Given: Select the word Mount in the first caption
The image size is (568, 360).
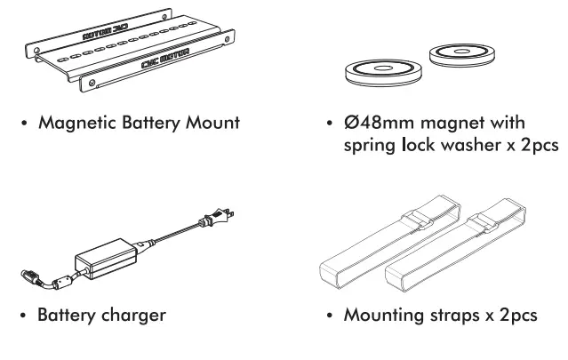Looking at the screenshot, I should [x=211, y=123].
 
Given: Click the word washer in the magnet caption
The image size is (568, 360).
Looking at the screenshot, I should [x=460, y=146].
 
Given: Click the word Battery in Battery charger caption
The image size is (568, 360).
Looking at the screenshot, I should [x=70, y=316].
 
